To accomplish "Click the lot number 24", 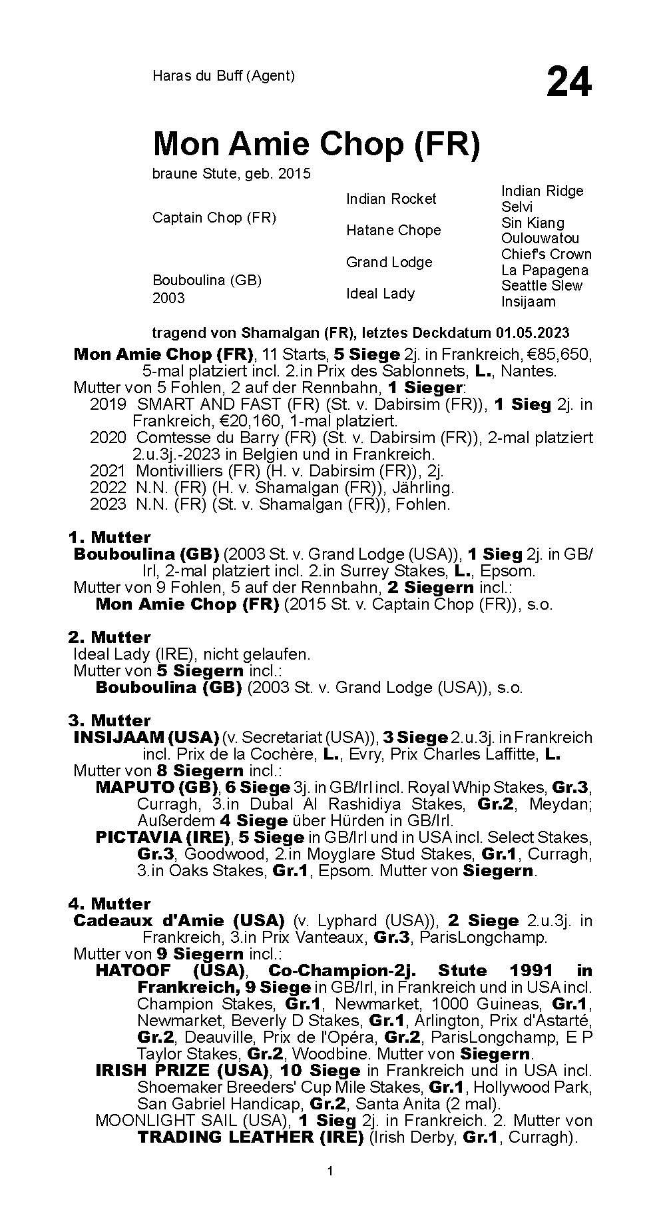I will point(568,83).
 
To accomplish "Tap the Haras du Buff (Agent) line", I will point(223,76).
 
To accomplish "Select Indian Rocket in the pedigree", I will point(391,199).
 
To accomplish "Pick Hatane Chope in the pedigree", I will point(393,230).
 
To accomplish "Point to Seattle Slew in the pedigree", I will point(541,285).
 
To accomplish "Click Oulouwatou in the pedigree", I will point(540,238).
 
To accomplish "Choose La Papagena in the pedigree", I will point(545,270).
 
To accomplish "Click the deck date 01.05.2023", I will point(532,332).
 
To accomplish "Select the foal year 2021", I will point(107,471).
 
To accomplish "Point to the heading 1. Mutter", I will point(109,537).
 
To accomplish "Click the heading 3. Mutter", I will point(109,720).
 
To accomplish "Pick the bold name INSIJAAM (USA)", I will point(146,738).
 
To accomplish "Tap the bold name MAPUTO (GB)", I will point(157,787).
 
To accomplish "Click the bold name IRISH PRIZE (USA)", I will point(182,1071).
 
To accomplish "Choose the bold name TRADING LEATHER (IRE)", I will point(250,1137).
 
